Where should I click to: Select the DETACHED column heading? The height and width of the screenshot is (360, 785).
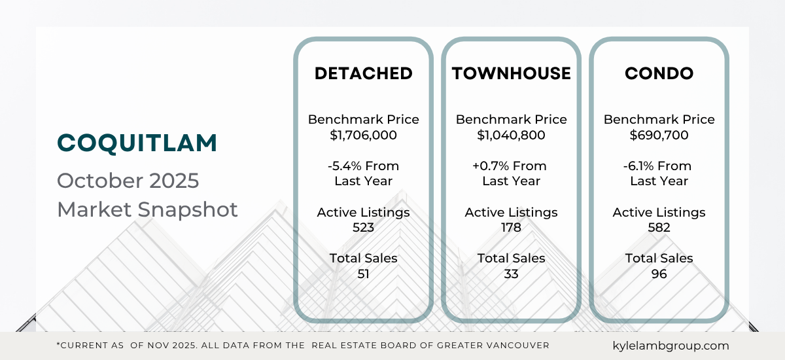pos(363,73)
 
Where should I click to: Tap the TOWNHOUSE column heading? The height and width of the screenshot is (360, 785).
pos(511,73)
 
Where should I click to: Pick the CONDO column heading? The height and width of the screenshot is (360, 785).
pos(659,73)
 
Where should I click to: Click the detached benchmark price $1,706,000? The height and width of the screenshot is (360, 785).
pos(363,135)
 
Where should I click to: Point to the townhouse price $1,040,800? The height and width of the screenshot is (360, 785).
pos(511,135)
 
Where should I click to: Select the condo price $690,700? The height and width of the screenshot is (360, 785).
pos(659,135)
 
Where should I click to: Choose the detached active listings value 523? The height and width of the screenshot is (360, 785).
pos(363,228)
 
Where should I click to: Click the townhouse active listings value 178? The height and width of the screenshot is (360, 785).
pos(511,228)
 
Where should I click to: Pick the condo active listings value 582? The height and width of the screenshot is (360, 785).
pos(659,228)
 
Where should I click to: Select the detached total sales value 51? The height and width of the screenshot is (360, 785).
pos(363,274)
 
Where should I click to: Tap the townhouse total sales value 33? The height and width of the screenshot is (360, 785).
pos(511,274)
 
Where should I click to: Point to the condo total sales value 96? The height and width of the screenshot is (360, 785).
pos(659,274)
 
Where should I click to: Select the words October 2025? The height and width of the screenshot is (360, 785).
pos(128,180)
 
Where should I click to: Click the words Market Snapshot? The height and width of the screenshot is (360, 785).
pos(147,209)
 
